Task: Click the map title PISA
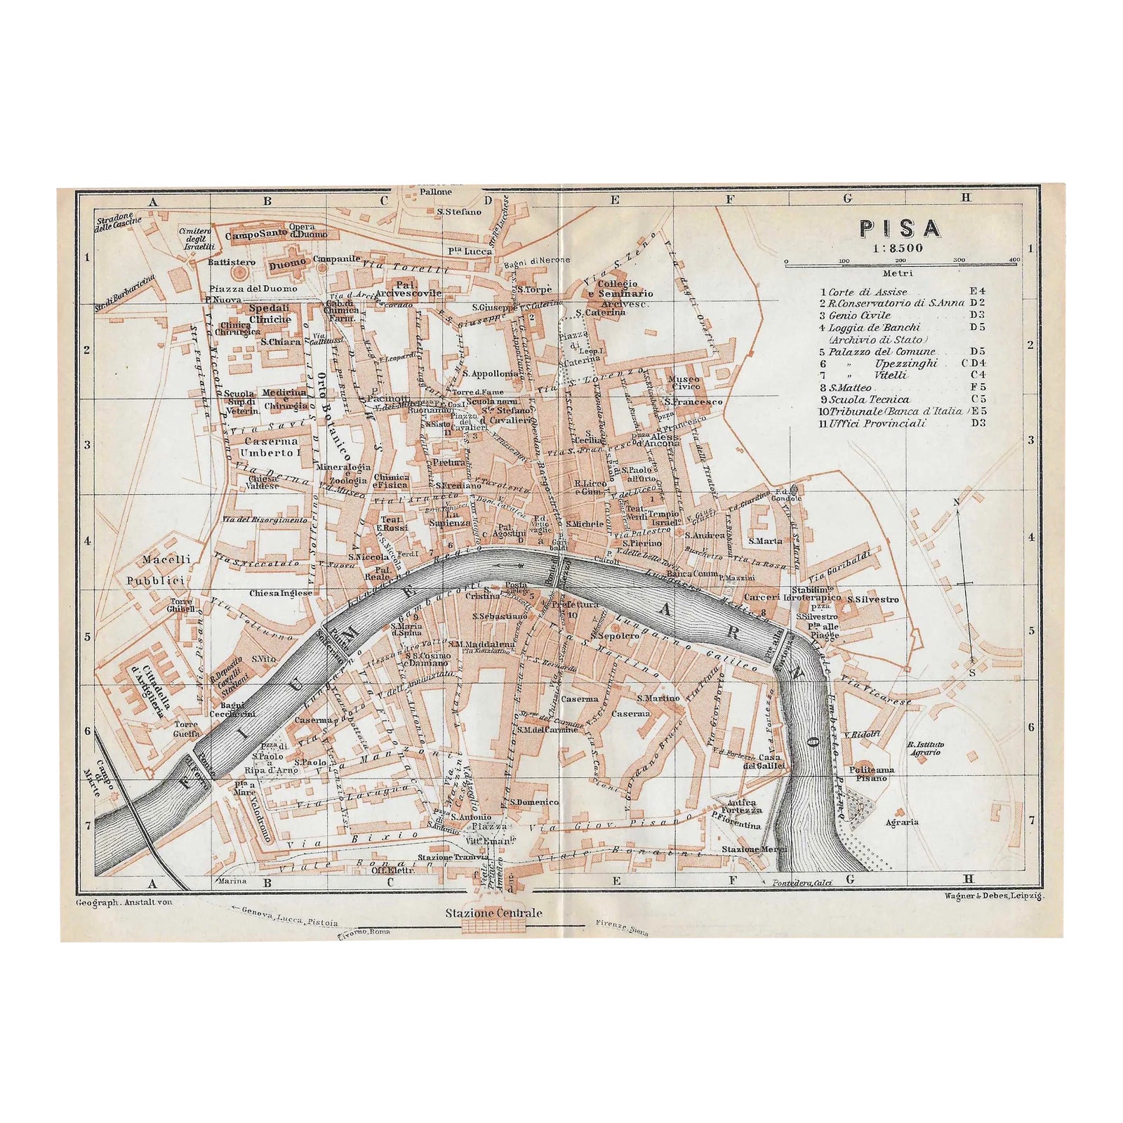click(x=899, y=229)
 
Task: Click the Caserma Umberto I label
click(x=271, y=447)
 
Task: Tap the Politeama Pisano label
click(x=870, y=773)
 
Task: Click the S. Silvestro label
click(x=872, y=599)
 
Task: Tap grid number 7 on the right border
click(x=1030, y=819)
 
